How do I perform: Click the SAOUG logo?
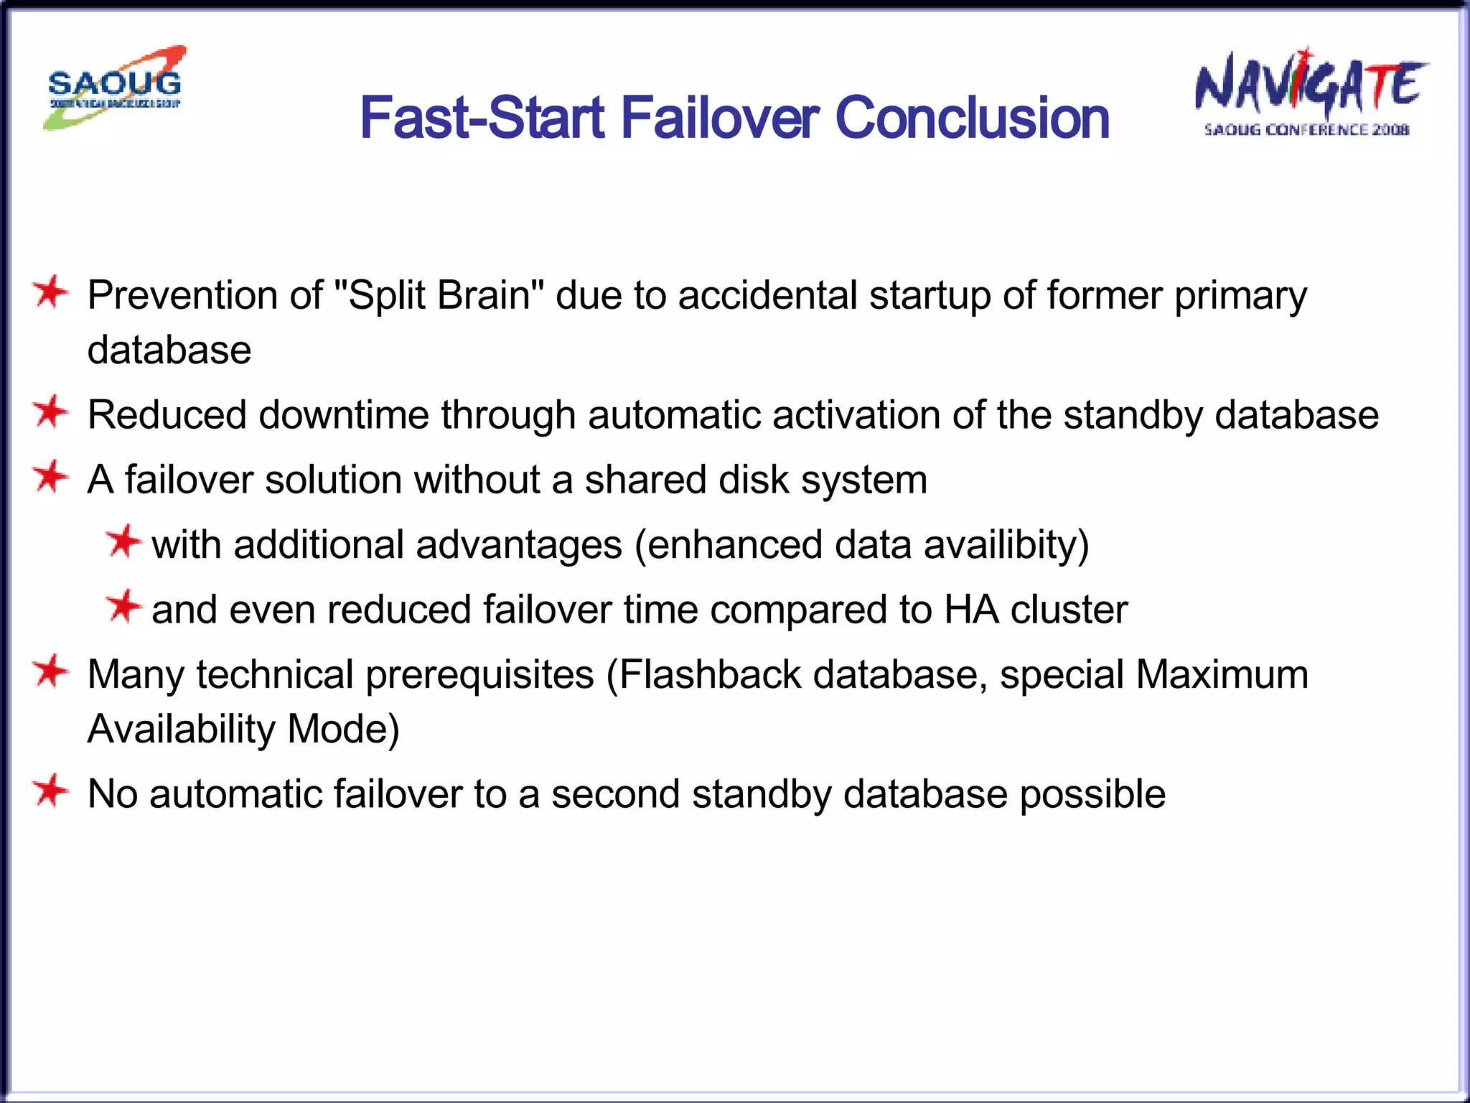coord(115,88)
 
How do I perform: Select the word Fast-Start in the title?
coord(482,118)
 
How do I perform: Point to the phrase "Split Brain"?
coord(439,295)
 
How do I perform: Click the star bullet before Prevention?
coord(50,293)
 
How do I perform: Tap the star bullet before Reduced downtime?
coord(50,412)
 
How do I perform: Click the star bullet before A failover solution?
coord(50,477)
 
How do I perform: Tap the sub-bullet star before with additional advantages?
coord(123,542)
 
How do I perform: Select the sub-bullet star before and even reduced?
coord(123,607)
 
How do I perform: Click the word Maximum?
coord(1222,675)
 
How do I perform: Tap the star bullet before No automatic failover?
coord(50,791)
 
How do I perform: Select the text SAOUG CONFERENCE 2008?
coord(1306,130)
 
